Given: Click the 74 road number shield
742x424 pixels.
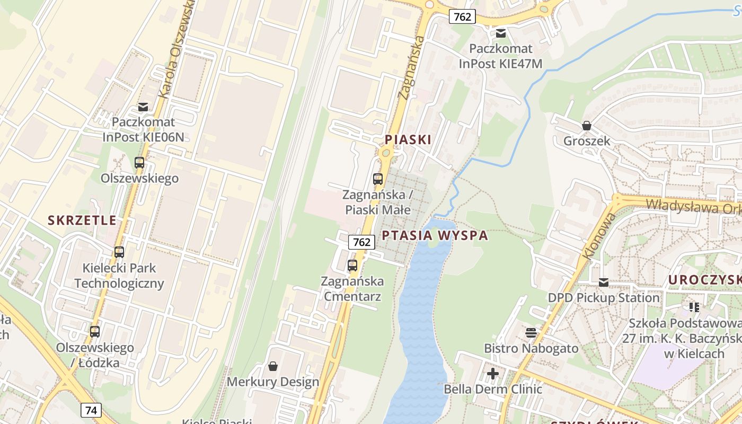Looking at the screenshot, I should pos(92,410).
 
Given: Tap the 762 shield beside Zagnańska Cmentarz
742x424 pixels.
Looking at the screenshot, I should pos(361,242).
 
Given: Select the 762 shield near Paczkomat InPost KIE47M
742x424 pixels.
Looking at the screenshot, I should pos(462,16).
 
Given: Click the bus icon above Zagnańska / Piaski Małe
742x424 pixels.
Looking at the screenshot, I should pos(378,179).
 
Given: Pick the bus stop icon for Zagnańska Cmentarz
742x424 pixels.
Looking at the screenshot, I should pos(352,266).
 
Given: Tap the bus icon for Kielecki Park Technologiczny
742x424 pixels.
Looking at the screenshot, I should pos(119,252).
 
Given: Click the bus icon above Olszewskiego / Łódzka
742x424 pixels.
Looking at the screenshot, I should pos(95,332).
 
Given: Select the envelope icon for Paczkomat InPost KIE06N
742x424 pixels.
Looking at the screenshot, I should pos(143,107).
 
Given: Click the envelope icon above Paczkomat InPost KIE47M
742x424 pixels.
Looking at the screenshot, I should pos(501,33).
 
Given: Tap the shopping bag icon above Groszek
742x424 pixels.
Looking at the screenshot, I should pos(587,126).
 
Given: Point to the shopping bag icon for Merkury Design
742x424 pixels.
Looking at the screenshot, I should pos(273,366).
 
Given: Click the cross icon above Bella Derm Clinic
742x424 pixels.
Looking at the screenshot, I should pos(493,374).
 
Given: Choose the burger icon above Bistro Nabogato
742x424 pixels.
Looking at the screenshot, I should pos(531,333).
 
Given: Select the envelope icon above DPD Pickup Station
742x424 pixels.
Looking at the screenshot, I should pos(604,282).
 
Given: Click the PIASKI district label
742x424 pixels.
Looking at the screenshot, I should pos(408,140).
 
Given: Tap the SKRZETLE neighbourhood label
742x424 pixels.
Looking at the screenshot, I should pos(82,220).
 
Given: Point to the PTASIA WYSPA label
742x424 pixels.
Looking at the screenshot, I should pos(435,236).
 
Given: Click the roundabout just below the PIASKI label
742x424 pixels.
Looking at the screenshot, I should pos(386,154).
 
